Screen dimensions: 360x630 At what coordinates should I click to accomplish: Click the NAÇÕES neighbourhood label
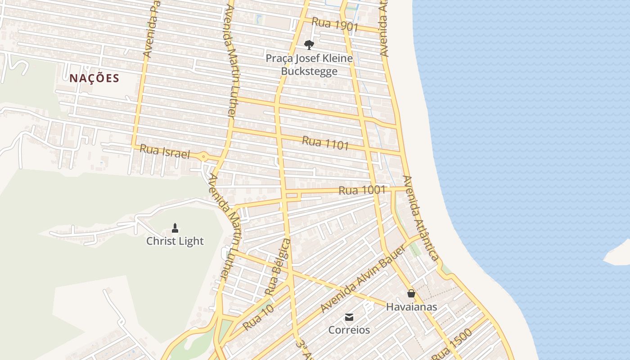pyautogui.click(x=94, y=78)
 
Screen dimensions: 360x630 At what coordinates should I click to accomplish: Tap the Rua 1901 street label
pyautogui.click(x=335, y=24)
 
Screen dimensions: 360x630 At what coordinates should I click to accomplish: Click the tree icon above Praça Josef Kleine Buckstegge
pyautogui.click(x=309, y=45)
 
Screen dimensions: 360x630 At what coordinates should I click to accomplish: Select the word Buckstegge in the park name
pyautogui.click(x=309, y=71)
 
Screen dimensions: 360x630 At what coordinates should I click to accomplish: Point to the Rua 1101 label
pyautogui.click(x=325, y=143)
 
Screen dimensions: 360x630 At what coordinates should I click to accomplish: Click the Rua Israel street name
pyautogui.click(x=165, y=152)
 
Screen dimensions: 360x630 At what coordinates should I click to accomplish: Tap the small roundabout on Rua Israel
pyautogui.click(x=204, y=157)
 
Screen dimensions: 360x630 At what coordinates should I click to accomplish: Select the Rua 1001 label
pyautogui.click(x=362, y=190)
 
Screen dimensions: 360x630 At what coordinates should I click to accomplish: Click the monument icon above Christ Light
pyautogui.click(x=175, y=228)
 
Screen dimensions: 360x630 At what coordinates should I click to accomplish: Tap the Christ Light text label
pyautogui.click(x=175, y=241)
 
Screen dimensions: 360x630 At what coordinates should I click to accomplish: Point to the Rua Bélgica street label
pyautogui.click(x=278, y=267)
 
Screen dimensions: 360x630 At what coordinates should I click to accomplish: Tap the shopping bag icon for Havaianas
pyautogui.click(x=411, y=294)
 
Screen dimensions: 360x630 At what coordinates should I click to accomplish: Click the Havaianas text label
pyautogui.click(x=411, y=307)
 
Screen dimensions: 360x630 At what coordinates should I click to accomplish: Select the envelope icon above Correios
pyautogui.click(x=349, y=317)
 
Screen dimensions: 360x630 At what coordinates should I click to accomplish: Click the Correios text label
pyautogui.click(x=349, y=330)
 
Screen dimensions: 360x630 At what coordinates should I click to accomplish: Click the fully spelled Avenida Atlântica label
pyautogui.click(x=420, y=218)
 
